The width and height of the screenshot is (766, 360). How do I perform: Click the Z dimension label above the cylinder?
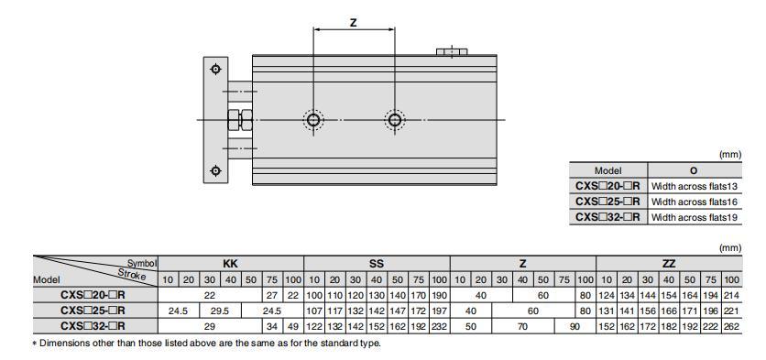(x=354, y=22)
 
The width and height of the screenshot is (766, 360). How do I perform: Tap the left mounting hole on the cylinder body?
(x=314, y=120)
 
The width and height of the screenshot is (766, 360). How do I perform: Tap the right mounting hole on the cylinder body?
(x=394, y=120)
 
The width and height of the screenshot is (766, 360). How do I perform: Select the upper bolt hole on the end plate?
(x=215, y=70)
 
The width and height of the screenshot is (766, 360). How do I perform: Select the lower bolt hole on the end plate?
(x=215, y=170)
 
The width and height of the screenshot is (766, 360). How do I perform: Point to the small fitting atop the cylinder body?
(x=451, y=51)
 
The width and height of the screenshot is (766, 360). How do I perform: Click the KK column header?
(x=231, y=263)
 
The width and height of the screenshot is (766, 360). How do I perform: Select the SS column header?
(x=377, y=263)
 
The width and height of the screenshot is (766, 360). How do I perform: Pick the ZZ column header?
(x=669, y=263)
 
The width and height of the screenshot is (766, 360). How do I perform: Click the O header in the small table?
(x=693, y=170)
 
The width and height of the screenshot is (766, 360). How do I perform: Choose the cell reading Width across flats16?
(x=694, y=202)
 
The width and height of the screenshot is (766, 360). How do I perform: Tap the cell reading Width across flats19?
(x=694, y=217)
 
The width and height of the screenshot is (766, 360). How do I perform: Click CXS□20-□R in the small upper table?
(x=607, y=186)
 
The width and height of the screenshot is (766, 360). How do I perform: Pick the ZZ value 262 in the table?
(x=731, y=325)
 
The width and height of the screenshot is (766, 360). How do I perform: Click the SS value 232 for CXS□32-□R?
(x=439, y=325)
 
